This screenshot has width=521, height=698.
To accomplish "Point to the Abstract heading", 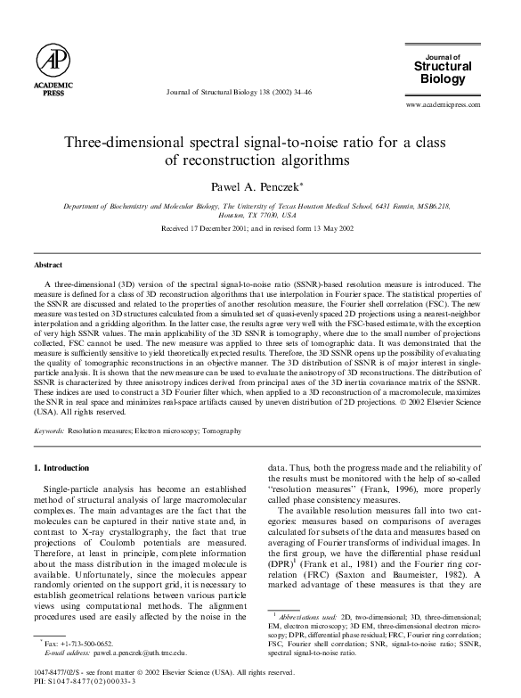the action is point(48,265).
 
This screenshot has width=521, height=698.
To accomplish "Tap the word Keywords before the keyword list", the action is point(49,431).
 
